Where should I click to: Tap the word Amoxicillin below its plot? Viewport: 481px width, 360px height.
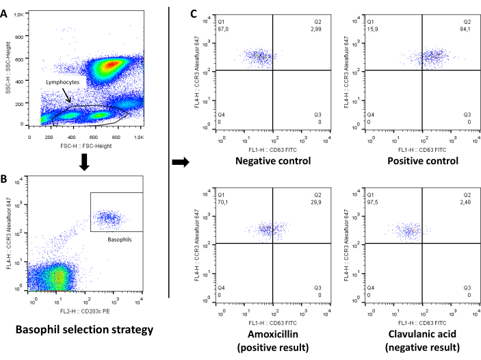tap(273, 332)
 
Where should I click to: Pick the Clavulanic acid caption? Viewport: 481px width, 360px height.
tap(422, 332)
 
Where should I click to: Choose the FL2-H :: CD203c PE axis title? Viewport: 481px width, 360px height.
tap(86, 310)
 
